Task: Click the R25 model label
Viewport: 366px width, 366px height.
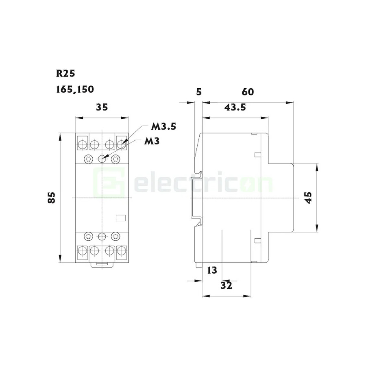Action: click(65, 74)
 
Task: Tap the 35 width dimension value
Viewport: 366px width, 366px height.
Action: click(102, 107)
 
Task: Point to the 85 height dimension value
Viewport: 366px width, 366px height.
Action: click(52, 198)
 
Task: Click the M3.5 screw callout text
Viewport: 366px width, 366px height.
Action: click(163, 126)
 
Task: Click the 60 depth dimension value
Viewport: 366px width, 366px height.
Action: click(248, 92)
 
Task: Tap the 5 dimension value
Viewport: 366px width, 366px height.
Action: click(198, 92)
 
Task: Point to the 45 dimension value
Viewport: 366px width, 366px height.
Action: click(308, 198)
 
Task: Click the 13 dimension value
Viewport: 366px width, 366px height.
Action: click(212, 270)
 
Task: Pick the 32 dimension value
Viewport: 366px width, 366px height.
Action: click(227, 285)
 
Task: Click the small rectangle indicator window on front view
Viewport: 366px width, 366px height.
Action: click(121, 217)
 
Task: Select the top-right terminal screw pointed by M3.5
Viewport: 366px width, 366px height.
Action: click(122, 144)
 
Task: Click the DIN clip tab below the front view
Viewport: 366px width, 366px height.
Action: click(102, 265)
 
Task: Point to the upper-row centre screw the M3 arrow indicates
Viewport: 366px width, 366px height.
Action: click(102, 159)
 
